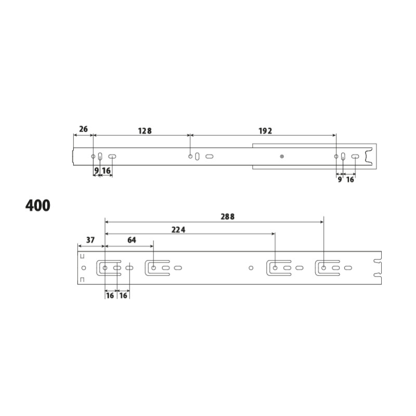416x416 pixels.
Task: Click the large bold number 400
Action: click(x=37, y=205)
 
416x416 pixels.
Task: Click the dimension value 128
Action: click(x=145, y=131)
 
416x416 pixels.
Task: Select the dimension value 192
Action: click(x=265, y=131)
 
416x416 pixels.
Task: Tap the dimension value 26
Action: click(x=83, y=129)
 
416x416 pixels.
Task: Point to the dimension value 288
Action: click(x=228, y=217)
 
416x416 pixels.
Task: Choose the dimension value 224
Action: click(x=178, y=230)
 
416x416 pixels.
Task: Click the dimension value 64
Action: click(x=132, y=240)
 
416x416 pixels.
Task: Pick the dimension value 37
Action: click(x=90, y=240)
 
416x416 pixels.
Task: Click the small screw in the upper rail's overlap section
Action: click(x=282, y=157)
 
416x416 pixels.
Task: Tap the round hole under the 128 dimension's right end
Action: click(x=190, y=157)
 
